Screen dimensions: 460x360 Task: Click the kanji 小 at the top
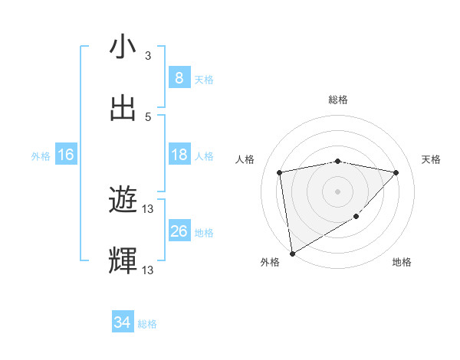tap(123, 47)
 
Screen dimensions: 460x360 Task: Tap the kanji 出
tap(123, 108)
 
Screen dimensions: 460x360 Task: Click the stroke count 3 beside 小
tap(148, 56)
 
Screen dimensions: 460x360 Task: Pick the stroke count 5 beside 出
tap(148, 116)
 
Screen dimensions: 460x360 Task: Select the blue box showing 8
tap(179, 78)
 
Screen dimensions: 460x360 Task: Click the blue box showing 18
tap(179, 155)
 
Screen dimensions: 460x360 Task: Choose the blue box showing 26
tap(179, 231)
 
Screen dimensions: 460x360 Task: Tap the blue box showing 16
tap(66, 155)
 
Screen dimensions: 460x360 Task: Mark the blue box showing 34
tap(123, 323)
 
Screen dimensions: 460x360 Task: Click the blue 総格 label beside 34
tap(147, 324)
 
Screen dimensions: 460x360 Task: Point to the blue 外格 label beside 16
tap(41, 155)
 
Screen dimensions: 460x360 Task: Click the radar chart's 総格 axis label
tap(338, 100)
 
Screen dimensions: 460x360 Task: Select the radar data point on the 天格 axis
tap(396, 172)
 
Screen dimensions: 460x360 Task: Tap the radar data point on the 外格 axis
tap(291, 253)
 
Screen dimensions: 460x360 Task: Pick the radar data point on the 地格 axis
tap(356, 217)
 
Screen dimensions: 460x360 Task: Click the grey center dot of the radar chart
tap(338, 191)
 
